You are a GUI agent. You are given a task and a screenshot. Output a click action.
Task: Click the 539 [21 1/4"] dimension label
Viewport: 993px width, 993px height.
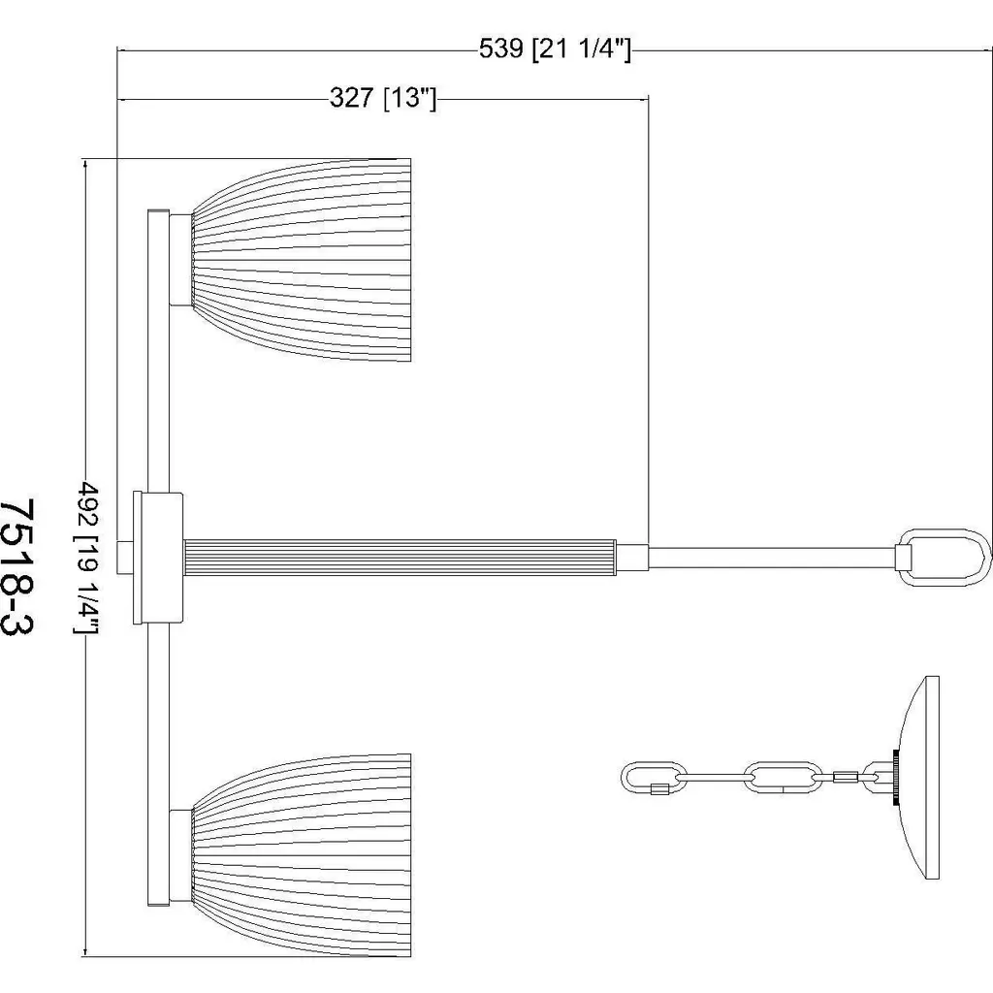pyautogui.click(x=555, y=48)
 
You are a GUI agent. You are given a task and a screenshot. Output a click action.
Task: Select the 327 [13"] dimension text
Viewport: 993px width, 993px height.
pyautogui.click(x=383, y=98)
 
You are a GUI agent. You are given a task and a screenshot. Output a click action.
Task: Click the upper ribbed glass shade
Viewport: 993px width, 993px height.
pyautogui.click(x=302, y=260)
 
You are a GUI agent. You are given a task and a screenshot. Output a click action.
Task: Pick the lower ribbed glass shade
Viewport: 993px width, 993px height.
pyautogui.click(x=302, y=855)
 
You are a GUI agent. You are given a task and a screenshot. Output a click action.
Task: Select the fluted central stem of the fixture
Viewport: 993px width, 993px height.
pyautogui.click(x=400, y=558)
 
